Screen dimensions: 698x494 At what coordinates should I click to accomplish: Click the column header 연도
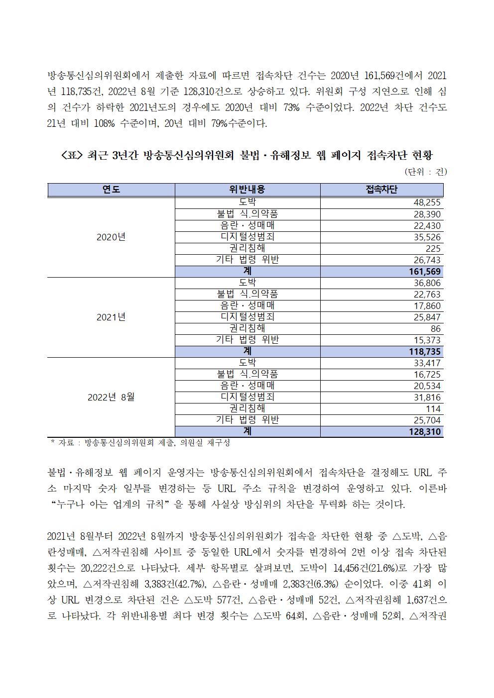point(111,190)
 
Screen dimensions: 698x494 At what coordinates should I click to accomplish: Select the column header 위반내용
point(247,190)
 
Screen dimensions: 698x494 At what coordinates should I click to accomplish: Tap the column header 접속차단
point(381,190)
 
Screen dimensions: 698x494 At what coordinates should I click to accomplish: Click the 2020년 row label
point(111,237)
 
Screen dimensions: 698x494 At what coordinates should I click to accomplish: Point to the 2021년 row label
point(111,317)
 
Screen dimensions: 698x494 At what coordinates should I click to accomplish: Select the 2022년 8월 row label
point(111,397)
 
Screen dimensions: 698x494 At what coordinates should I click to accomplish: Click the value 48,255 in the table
point(427,203)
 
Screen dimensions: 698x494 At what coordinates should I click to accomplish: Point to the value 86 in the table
point(435,329)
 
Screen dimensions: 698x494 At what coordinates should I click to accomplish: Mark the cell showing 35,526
point(427,237)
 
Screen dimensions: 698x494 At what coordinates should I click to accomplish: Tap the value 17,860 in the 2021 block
point(427,306)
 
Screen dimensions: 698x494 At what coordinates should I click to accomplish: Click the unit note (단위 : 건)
point(426,172)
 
